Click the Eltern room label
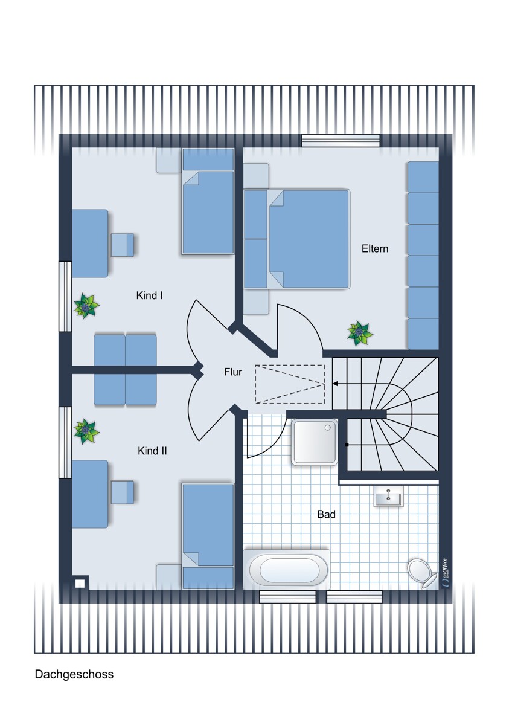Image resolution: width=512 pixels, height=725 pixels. pos(374,248)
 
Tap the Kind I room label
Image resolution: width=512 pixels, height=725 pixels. pos(149,295)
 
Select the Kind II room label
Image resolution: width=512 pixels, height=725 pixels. pos(152,451)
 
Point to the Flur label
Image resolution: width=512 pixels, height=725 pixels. pos(233,372)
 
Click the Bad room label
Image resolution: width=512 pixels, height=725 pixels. pos(327,514)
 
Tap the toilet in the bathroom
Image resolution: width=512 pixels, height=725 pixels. pos(421,573)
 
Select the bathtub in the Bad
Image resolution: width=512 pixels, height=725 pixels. pos(287,570)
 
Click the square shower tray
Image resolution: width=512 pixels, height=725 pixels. pos(315,442)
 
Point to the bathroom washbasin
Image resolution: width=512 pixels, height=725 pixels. pos(388,496)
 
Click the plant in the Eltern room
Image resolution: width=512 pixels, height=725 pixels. pos(360,333)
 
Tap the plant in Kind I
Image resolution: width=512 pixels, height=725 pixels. pos(86,306)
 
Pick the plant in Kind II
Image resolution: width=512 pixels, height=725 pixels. pos(86,431)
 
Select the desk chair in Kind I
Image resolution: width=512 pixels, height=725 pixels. pos(123,245)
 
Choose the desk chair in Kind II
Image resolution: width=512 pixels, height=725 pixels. pos(123,492)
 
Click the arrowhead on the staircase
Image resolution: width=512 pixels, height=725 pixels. pos(336,384)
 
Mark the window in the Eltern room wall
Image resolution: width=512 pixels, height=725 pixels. pos(341,141)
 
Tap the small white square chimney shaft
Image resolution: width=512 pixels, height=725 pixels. pos(80,584)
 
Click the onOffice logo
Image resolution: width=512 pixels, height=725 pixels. pos(445,573)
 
